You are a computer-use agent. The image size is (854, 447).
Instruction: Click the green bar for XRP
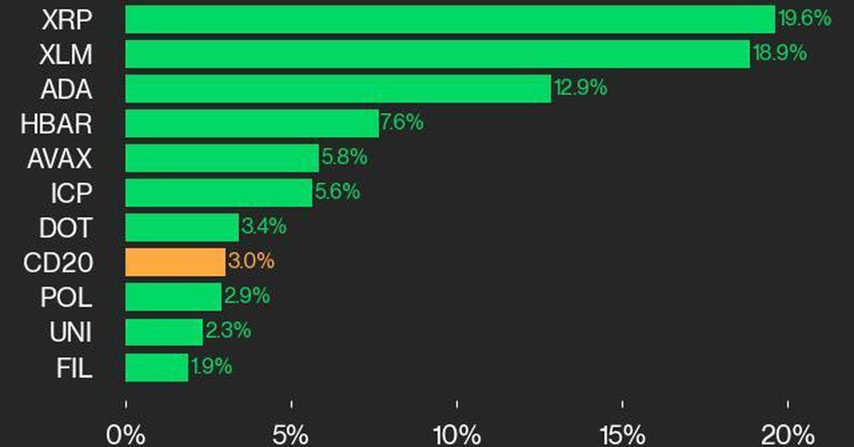[x=450, y=19]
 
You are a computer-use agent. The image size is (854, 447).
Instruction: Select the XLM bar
[x=437, y=54]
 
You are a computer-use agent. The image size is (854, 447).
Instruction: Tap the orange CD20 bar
[x=175, y=262]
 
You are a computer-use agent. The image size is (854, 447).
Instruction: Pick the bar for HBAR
[x=252, y=123]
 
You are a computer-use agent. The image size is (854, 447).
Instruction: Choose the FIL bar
[x=157, y=367]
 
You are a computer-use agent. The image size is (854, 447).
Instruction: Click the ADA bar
[x=338, y=88]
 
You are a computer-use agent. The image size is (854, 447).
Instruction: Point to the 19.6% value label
[x=805, y=19]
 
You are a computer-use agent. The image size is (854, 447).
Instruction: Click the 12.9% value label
[x=581, y=88]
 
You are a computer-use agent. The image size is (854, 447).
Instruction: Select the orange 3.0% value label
[x=251, y=262]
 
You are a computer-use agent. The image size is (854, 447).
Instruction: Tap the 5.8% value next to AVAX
[x=344, y=157]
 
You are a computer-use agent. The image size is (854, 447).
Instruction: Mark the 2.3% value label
[x=228, y=331]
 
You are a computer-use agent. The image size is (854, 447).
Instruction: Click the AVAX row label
[x=60, y=158]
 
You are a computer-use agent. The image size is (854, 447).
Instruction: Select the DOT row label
[x=66, y=228]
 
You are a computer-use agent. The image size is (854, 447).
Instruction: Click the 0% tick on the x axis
[x=125, y=433]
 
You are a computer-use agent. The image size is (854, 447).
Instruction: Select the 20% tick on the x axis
[x=787, y=433]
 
